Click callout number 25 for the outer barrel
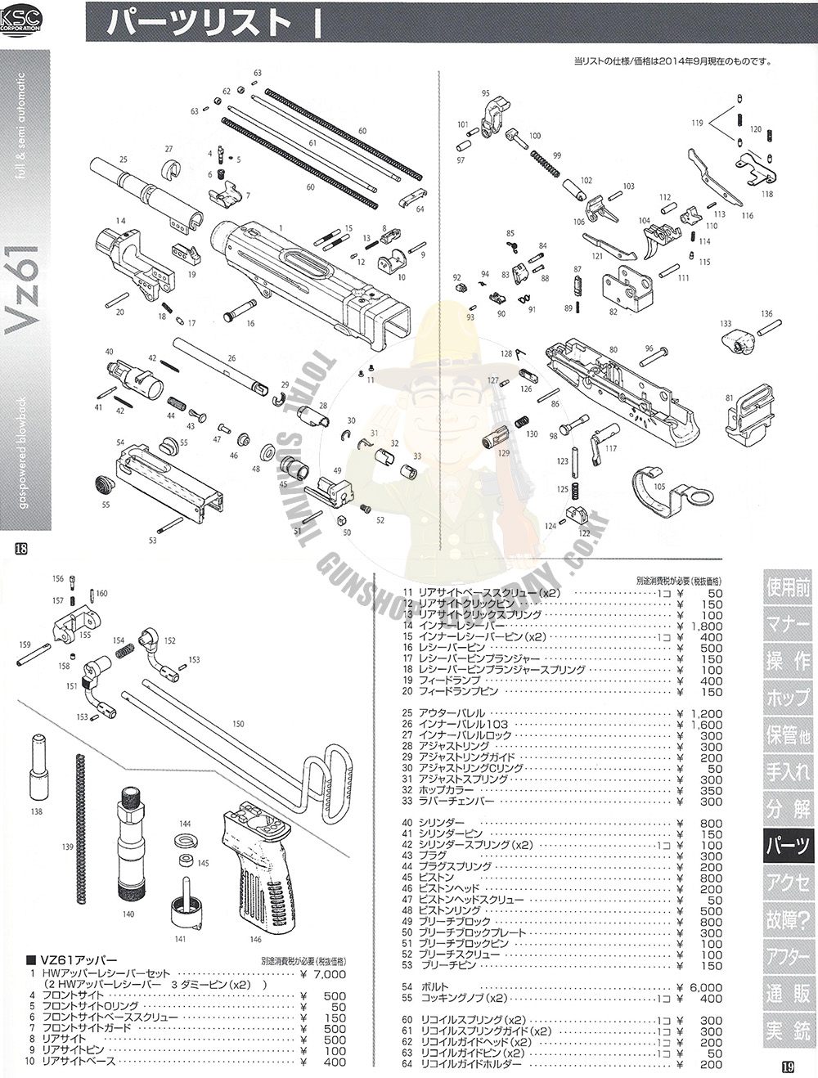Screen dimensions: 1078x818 tap(124, 159)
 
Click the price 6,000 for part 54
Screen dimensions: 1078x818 tap(705, 987)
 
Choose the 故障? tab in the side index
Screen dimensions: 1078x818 tap(788, 919)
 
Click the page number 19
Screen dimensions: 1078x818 tap(787, 1067)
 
